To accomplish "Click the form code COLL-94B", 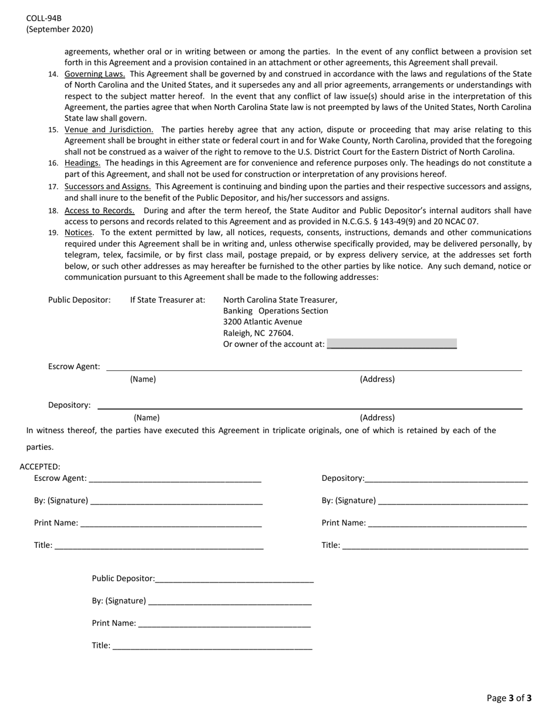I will coord(43,18).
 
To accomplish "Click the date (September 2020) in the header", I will coord(59,29).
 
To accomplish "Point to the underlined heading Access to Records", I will coord(99,210).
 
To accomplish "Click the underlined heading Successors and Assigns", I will coord(107,186).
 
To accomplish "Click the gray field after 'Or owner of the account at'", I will coord(392,344).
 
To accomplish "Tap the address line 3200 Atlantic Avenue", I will coord(263,322).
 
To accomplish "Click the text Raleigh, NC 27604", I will coord(258,333).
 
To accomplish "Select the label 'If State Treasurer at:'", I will coord(167,300).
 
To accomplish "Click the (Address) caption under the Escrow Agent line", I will coord(377,379).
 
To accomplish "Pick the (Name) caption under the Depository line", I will coord(147,418).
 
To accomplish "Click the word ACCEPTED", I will coord(40,467).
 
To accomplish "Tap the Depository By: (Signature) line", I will coord(453,501).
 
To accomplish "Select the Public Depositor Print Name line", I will coord(225,624).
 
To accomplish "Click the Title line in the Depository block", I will coord(435,546).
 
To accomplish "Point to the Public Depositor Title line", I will coord(212,646).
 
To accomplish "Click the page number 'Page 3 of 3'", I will coord(509,698).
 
